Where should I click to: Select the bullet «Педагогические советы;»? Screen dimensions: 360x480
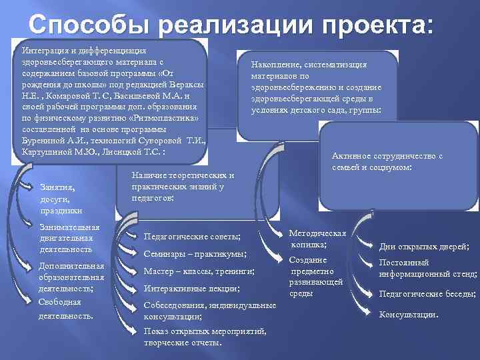coord(193,237)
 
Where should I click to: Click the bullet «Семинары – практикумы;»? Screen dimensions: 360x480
coord(195,254)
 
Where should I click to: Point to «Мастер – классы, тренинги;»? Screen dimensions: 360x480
coord(199,271)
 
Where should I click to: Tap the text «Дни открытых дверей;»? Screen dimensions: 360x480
coord(424,247)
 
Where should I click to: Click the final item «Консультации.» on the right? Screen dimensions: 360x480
coord(409,314)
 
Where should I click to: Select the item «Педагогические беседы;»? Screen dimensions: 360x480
coord(427,293)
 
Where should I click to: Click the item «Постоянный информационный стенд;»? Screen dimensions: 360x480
coord(427,268)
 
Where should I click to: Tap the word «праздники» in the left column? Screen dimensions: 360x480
coord(61,211)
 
